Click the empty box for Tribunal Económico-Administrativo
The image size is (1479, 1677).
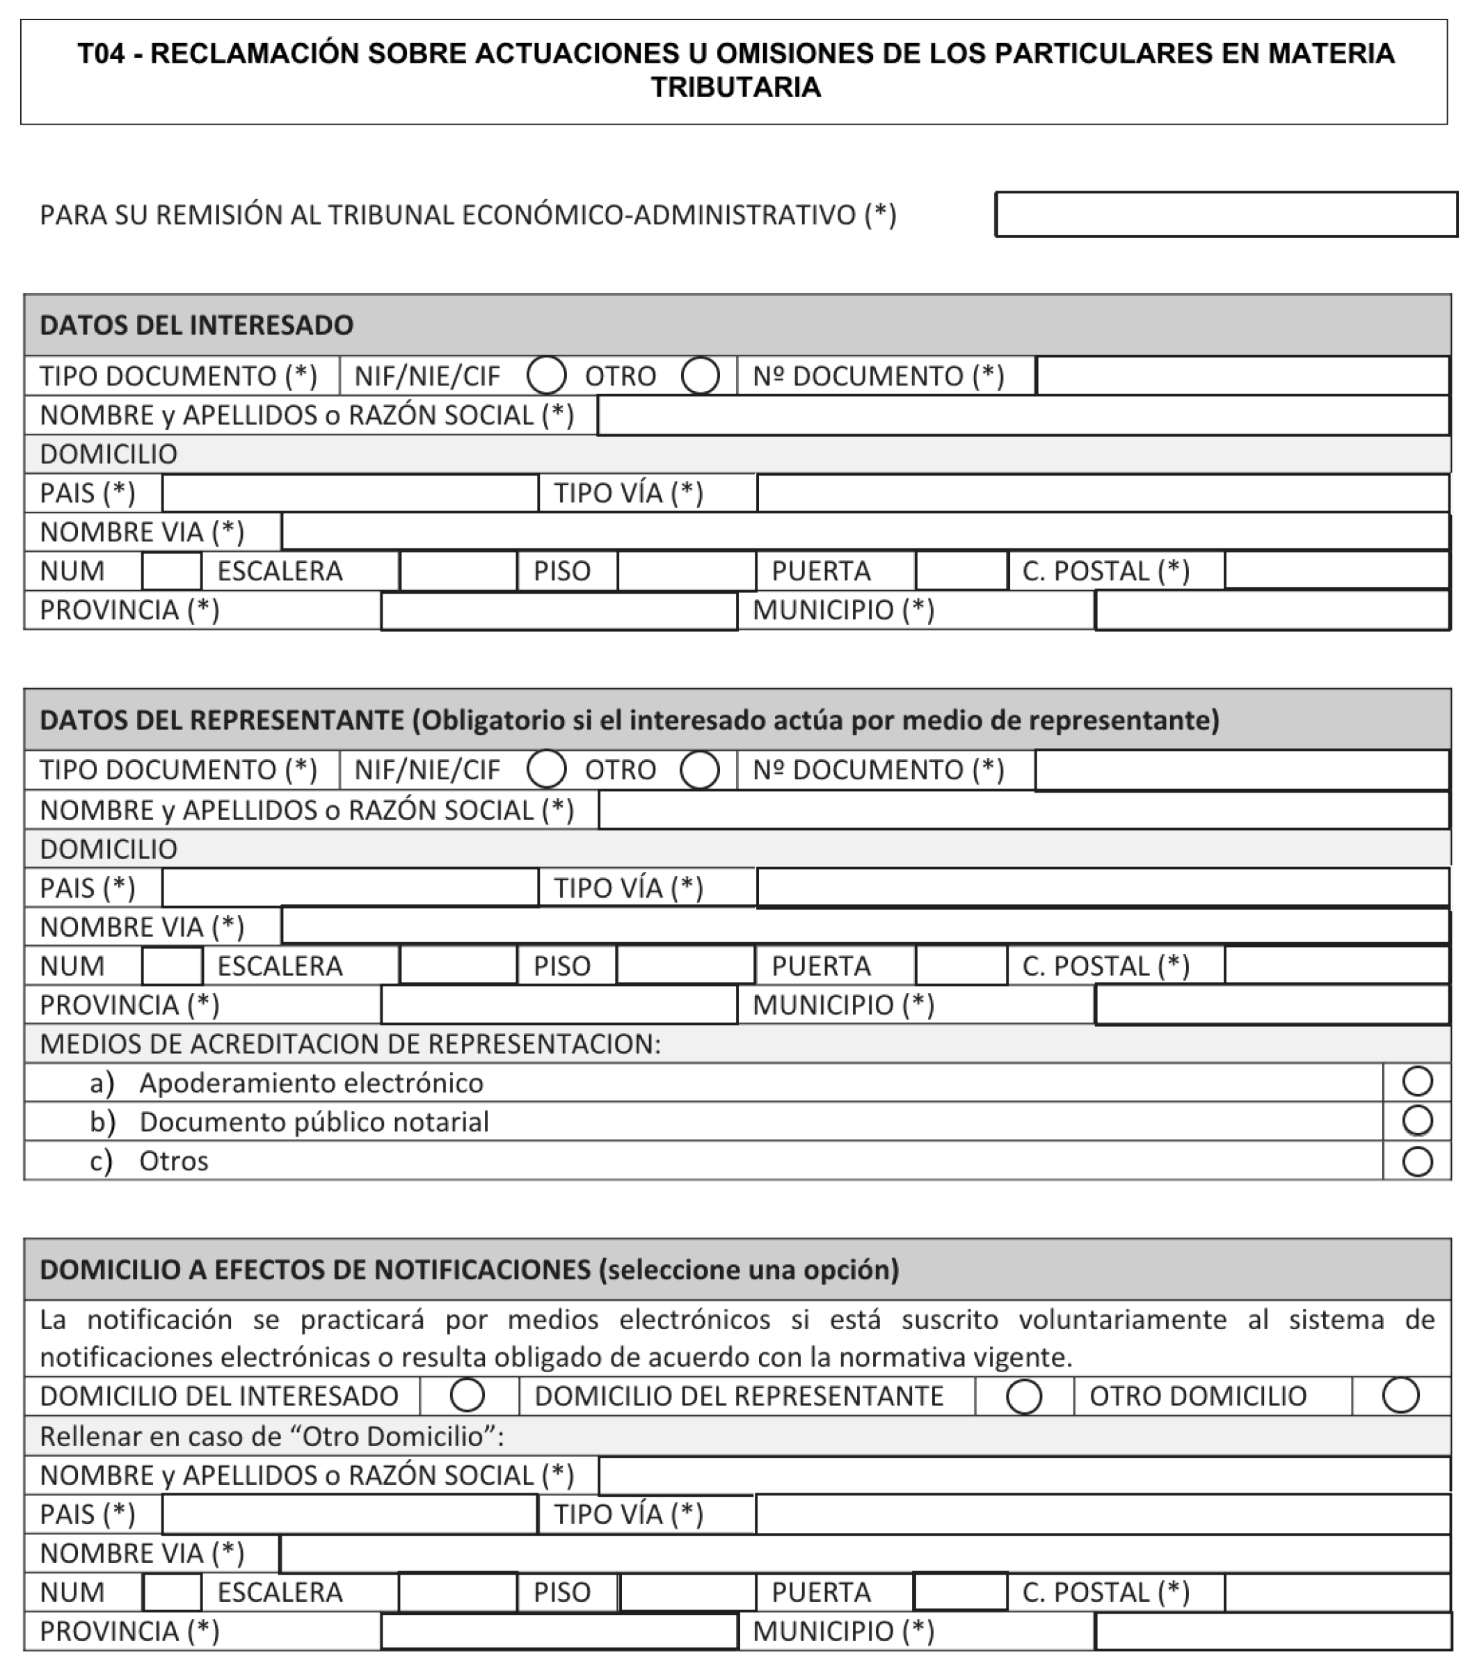coord(1226,215)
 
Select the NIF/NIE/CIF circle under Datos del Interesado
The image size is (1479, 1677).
coord(546,376)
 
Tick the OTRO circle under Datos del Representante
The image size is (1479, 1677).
coord(700,770)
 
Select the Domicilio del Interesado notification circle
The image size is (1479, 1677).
coord(467,1396)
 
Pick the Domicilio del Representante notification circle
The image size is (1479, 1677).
coord(1024,1397)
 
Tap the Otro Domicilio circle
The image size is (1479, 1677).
coord(1400,1396)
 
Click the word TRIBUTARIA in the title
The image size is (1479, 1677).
coord(736,87)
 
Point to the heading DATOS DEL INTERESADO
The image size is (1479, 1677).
coord(196,325)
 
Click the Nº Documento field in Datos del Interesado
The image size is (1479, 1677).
coord(1242,376)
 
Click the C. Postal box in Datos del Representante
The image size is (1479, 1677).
coord(1336,966)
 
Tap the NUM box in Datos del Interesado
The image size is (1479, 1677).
coord(171,571)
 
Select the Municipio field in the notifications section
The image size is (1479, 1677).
coord(1272,1631)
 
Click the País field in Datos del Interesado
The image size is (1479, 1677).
coord(349,493)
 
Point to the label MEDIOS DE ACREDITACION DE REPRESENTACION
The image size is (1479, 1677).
coord(350,1044)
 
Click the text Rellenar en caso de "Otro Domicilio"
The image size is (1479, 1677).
coord(271,1436)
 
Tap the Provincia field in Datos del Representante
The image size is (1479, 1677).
coord(559,1005)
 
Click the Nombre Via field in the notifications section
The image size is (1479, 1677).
coord(865,1553)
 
